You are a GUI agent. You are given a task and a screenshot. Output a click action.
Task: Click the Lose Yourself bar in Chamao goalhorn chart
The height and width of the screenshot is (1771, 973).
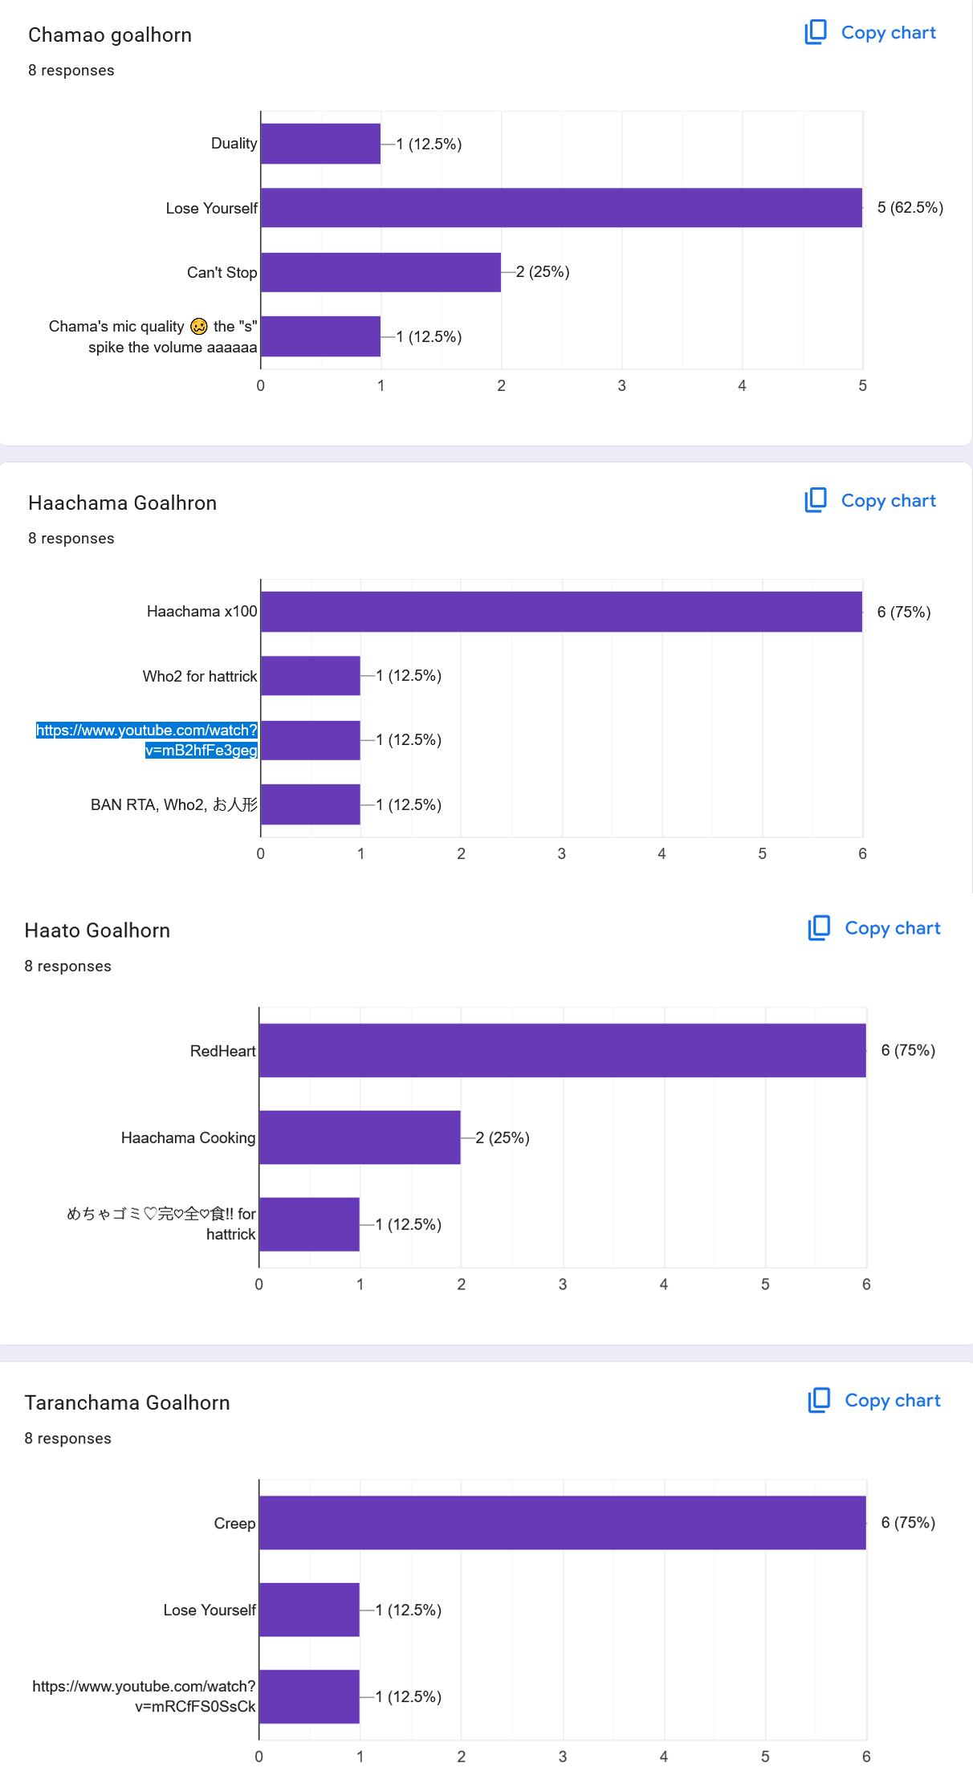pos(561,208)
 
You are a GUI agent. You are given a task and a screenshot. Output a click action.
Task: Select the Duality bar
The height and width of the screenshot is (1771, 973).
pos(320,144)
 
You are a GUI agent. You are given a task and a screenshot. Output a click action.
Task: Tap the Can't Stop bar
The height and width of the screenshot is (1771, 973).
pos(381,272)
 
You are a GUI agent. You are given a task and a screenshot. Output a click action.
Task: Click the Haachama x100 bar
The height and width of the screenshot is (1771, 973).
pos(561,612)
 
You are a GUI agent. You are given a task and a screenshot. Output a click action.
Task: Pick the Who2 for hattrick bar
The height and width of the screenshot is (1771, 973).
pos(311,676)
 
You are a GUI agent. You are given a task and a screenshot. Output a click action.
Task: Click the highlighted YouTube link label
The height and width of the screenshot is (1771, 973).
pos(147,739)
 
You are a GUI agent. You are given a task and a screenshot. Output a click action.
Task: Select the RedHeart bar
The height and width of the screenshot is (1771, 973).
pos(562,1050)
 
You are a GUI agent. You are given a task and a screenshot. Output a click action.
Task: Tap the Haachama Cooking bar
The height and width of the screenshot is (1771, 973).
pos(360,1138)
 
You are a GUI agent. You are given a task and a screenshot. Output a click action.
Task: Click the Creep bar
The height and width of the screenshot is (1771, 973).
pos(562,1523)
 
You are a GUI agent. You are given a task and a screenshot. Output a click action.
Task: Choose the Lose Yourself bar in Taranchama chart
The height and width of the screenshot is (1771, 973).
pos(309,1610)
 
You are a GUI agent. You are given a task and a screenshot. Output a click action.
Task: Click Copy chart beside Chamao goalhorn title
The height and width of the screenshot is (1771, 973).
pos(871,33)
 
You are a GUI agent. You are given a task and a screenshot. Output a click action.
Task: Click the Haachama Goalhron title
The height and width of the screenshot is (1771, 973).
pos(123,503)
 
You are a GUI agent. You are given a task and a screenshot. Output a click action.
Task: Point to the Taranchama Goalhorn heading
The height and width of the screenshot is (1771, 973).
pos(128,1403)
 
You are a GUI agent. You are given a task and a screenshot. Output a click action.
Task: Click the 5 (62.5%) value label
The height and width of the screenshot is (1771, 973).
pos(910,208)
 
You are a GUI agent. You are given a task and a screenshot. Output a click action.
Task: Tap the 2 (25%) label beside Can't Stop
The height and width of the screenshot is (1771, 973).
pos(543,272)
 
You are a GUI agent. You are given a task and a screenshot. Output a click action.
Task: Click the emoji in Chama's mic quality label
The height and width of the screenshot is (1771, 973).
pos(199,327)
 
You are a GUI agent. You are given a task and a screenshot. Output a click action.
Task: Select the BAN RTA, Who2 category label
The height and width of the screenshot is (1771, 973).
pos(174,804)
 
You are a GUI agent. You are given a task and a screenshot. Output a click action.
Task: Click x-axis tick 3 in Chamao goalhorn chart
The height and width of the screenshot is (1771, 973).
pos(621,386)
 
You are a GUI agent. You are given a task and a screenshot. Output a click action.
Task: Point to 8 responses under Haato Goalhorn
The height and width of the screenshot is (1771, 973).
pos(68,966)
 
